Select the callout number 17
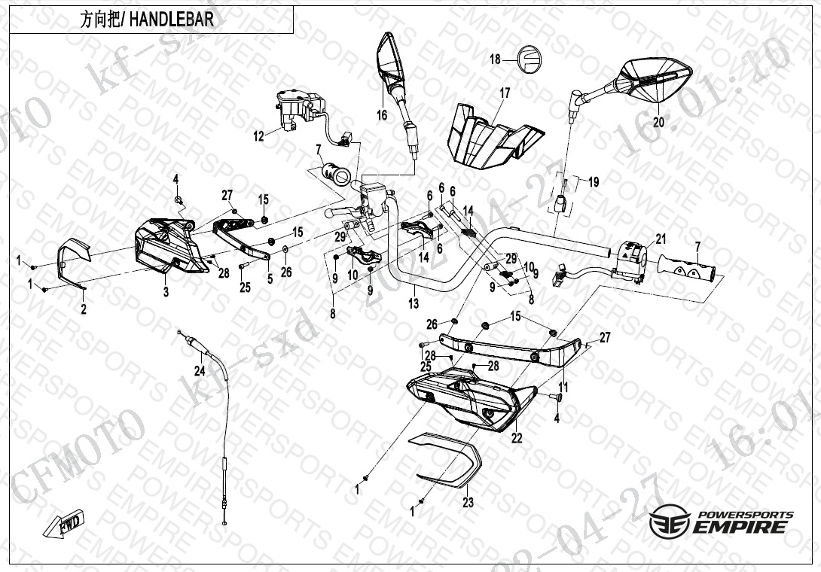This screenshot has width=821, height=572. click(505, 93)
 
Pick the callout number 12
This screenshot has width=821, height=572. click(258, 136)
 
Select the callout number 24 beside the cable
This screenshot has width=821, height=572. click(200, 370)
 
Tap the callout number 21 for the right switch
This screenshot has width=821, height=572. click(661, 240)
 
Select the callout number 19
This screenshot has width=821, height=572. click(594, 182)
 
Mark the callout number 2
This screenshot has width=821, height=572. click(83, 309)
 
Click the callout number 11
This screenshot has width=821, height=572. click(562, 387)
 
